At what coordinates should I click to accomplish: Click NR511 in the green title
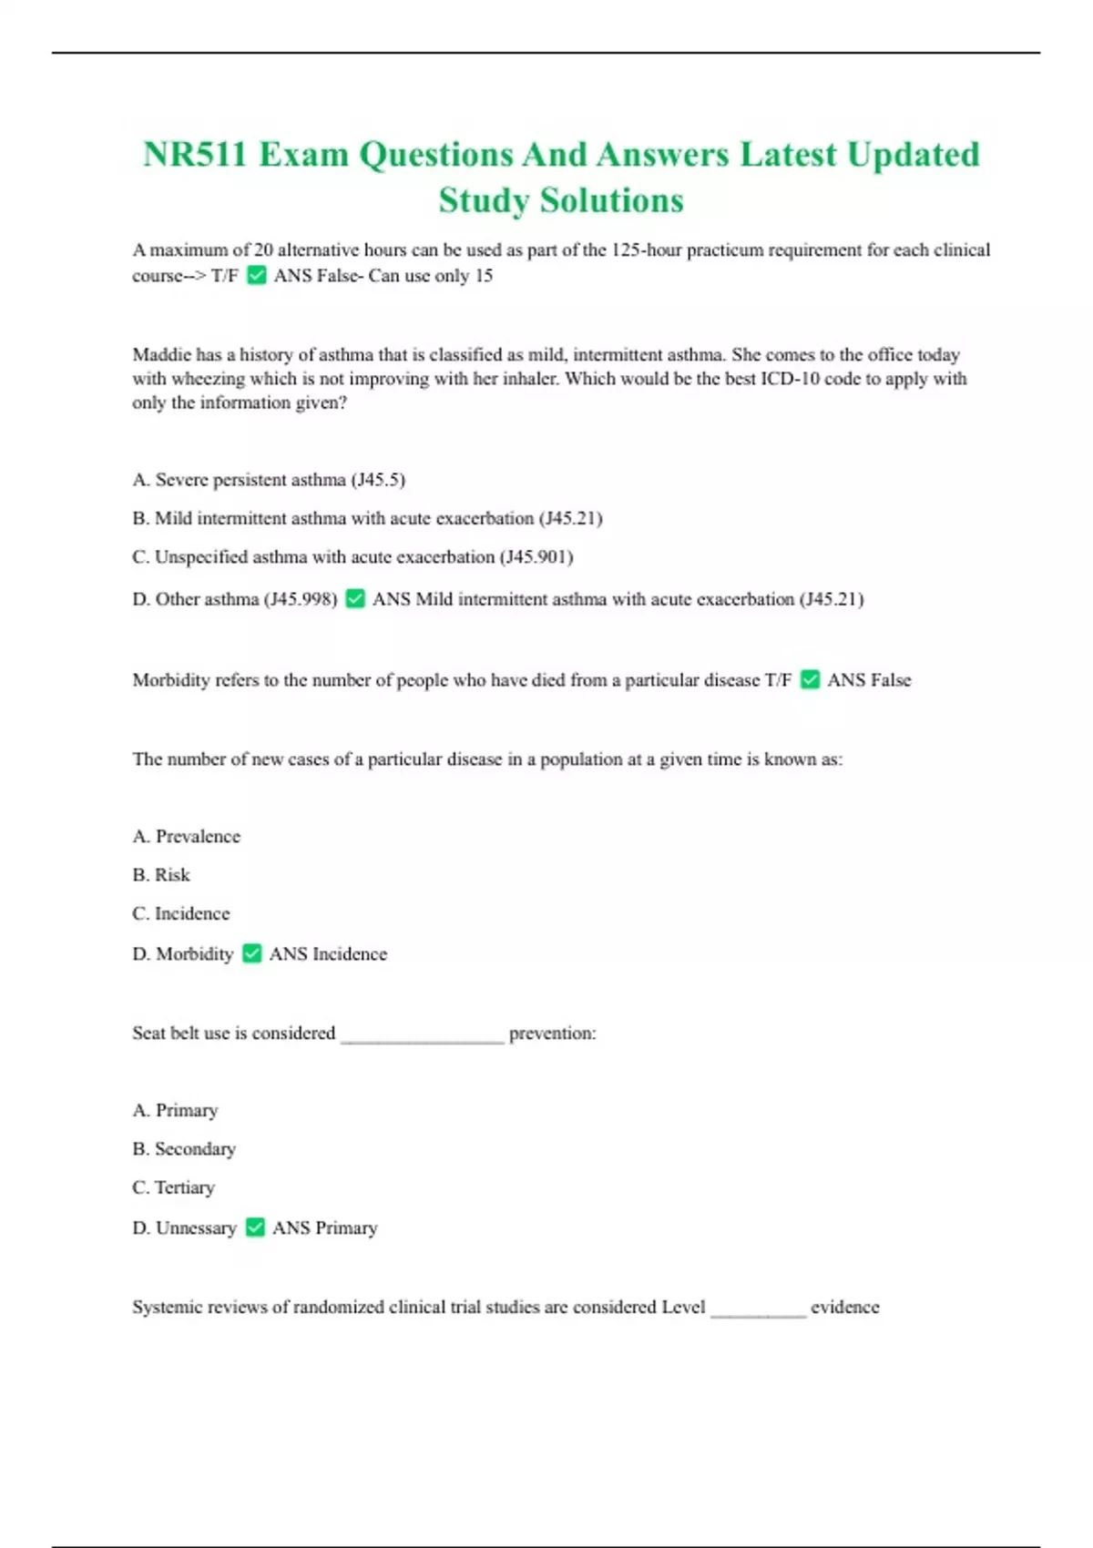(x=195, y=155)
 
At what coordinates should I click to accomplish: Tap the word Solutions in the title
(x=611, y=201)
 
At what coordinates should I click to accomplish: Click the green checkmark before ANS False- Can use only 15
(x=257, y=275)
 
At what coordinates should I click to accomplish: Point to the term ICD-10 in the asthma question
(x=790, y=379)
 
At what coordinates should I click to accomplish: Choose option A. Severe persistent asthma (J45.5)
(x=269, y=480)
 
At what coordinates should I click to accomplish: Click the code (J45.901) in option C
(x=536, y=557)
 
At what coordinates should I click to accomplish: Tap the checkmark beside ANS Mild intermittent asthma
(x=355, y=598)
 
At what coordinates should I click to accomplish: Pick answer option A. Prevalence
(x=187, y=837)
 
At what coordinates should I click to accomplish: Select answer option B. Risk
(x=161, y=875)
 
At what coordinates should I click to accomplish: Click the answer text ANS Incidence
(x=328, y=954)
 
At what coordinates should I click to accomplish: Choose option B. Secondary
(x=184, y=1149)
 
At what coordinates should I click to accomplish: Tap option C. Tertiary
(x=174, y=1187)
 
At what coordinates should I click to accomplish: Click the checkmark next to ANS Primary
(x=256, y=1227)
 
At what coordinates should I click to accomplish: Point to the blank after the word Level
(x=758, y=1310)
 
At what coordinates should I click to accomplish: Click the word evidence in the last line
(x=845, y=1308)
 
